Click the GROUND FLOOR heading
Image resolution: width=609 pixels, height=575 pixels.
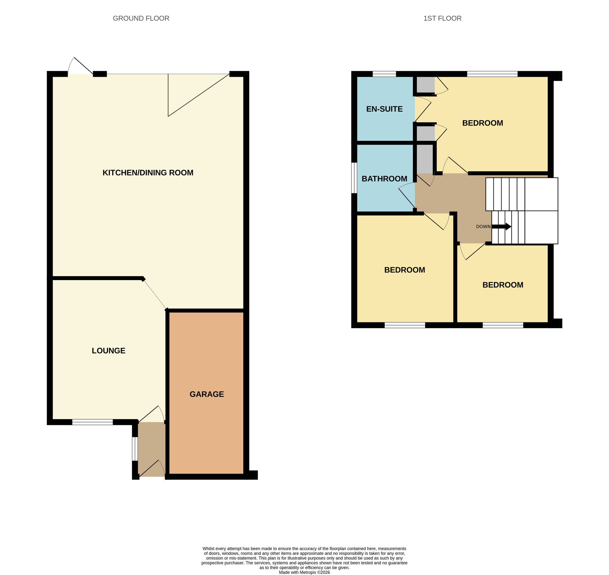[141, 18]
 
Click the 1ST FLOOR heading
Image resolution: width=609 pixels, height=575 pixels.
[442, 18]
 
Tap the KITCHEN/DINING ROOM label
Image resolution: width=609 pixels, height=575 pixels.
[148, 173]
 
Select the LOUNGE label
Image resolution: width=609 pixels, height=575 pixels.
[108, 351]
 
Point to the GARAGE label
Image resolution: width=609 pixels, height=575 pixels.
[207, 394]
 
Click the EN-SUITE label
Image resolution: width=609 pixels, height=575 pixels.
[384, 109]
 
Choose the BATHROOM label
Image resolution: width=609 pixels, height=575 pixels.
[384, 179]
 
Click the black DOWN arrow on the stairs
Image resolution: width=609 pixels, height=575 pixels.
[502, 226]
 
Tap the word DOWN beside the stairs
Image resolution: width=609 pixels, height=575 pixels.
[483, 227]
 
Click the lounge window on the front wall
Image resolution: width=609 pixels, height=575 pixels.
[92, 422]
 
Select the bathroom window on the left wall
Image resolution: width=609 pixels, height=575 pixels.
[354, 178]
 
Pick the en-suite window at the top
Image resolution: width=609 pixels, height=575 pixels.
[384, 74]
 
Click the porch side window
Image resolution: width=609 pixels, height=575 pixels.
[135, 449]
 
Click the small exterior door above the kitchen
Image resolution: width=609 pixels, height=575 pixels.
[80, 67]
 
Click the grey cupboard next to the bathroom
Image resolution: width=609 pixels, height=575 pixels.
[424, 159]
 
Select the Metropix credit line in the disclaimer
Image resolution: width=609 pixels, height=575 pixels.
[304, 572]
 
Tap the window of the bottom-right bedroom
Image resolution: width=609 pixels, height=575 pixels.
[503, 325]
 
